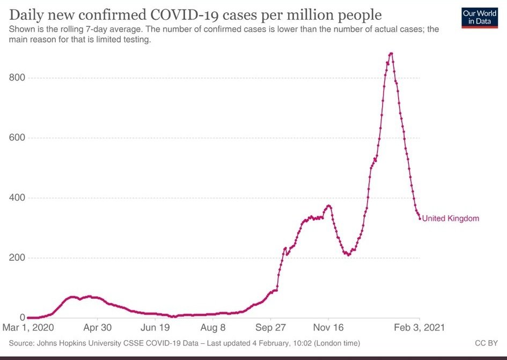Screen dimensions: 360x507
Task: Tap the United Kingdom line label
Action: point(450,218)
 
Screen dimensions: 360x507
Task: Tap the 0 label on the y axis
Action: point(22,318)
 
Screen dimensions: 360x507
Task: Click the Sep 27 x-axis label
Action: point(271,327)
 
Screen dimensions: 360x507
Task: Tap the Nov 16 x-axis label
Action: point(328,327)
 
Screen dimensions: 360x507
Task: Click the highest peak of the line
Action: point(391,53)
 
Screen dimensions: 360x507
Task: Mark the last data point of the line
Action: point(420,218)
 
